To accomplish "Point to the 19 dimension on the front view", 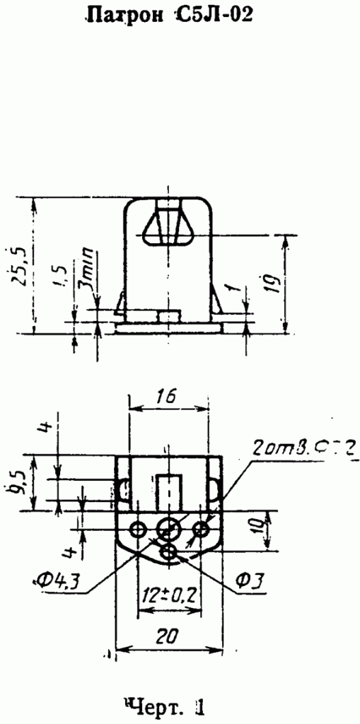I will (x=277, y=284).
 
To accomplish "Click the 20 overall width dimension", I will (x=168, y=636).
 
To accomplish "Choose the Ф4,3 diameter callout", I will (x=58, y=581).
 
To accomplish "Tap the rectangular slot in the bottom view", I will (x=169, y=489).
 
